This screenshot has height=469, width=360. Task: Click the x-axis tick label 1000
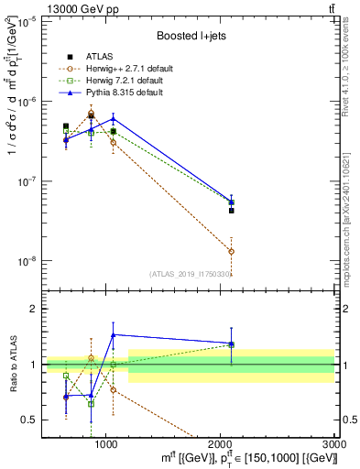pos(105,444)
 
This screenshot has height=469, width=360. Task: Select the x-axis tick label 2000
pos(220,444)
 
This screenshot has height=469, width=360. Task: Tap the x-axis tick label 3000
pos(334,444)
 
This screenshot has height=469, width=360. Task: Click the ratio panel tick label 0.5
pos(29,420)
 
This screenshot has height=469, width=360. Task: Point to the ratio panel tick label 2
pos(34,309)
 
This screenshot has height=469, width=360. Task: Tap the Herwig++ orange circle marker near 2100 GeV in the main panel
pos(232,251)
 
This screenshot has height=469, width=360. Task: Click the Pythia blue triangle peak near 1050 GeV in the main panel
pos(113,118)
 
